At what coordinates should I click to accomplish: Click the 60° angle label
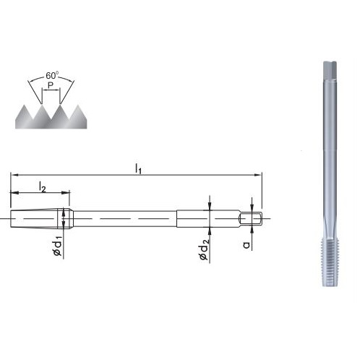coord(52,75)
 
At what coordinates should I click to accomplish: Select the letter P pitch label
coord(51,85)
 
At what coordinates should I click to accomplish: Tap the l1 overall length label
coord(138,168)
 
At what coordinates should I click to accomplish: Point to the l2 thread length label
coord(42,187)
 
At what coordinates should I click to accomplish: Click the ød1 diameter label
coord(58,245)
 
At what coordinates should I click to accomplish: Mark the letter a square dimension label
coord(247,245)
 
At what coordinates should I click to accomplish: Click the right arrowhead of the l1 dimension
coord(258,175)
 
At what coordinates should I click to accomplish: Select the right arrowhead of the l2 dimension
coord(66,192)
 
